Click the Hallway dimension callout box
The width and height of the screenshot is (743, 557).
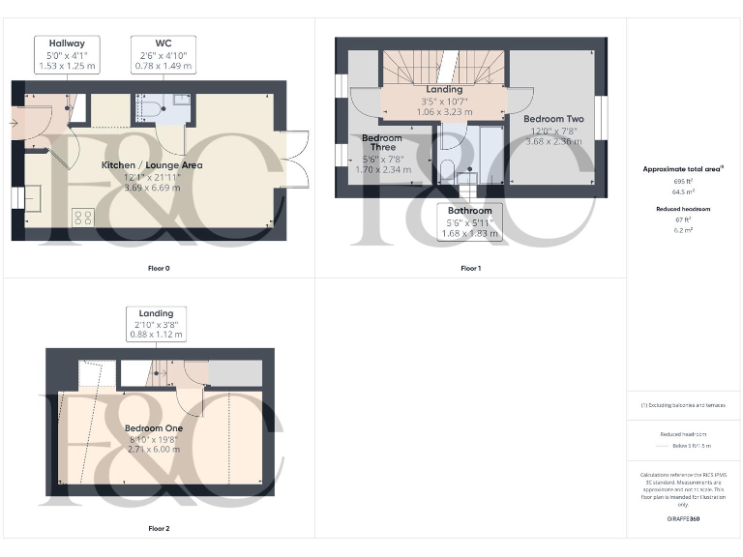click(x=68, y=55)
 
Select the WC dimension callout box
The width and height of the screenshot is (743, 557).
click(x=163, y=55)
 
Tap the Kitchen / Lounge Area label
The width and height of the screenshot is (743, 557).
click(x=152, y=165)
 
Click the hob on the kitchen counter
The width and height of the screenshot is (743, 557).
click(x=82, y=218)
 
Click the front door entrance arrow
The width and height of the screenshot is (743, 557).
click(x=19, y=123)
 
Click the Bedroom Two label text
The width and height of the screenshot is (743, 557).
click(x=552, y=118)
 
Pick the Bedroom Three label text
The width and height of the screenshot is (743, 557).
click(x=381, y=144)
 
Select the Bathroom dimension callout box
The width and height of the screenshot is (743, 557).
click(x=470, y=221)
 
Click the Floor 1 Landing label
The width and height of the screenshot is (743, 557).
click(x=444, y=90)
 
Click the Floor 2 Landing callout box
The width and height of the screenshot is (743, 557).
click(x=156, y=324)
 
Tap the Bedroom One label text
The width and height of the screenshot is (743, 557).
click(x=153, y=428)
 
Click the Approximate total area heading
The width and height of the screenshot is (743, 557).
click(x=683, y=169)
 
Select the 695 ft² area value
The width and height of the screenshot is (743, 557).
click(x=683, y=181)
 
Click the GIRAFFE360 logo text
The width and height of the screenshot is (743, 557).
click(x=683, y=519)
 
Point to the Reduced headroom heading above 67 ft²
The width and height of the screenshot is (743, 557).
click(x=683, y=209)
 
